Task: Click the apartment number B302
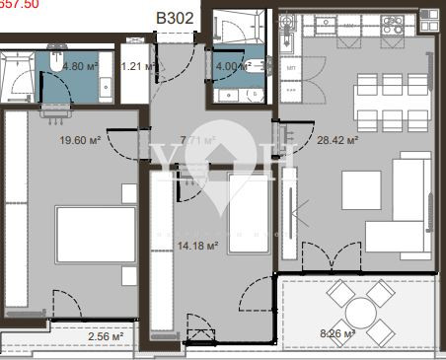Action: coord(175,17)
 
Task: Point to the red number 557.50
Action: coord(19,5)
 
